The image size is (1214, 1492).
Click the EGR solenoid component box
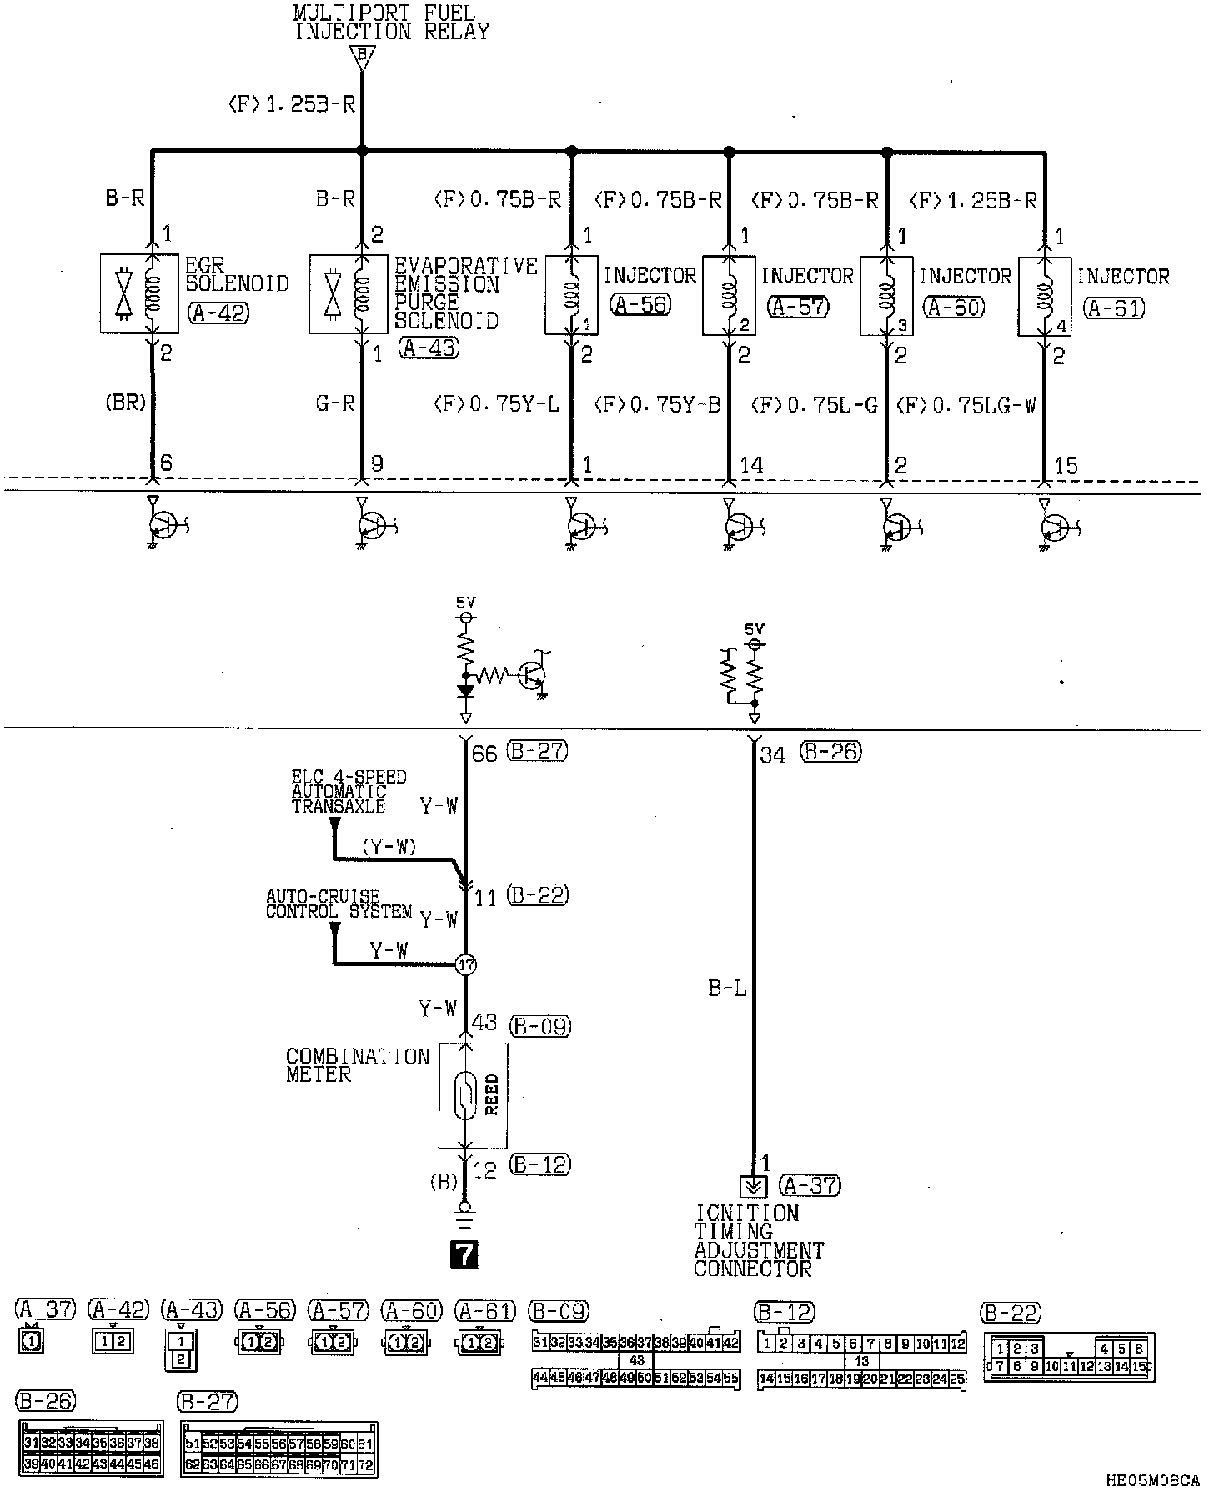pos(139,293)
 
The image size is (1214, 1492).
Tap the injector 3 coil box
pos(886,296)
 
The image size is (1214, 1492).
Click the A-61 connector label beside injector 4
pos(1114,308)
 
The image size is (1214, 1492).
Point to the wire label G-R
pos(335,403)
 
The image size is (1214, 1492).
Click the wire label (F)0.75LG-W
pos(967,405)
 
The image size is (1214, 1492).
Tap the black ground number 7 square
pos(464,1254)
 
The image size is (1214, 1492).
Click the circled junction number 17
pos(465,964)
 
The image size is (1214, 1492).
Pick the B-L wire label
pos(727,989)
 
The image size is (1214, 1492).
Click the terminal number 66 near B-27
pos(484,754)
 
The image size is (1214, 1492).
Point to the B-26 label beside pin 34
pos(830,752)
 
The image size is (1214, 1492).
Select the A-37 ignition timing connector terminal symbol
pos(753,1186)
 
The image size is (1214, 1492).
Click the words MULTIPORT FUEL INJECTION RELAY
pos(390,23)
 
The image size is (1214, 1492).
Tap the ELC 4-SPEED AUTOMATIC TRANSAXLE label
pos(349,792)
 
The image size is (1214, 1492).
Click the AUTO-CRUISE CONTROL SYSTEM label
pos(339,904)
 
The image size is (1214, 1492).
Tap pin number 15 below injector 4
pos(1066,465)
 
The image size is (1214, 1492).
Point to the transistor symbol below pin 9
pos(371,525)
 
